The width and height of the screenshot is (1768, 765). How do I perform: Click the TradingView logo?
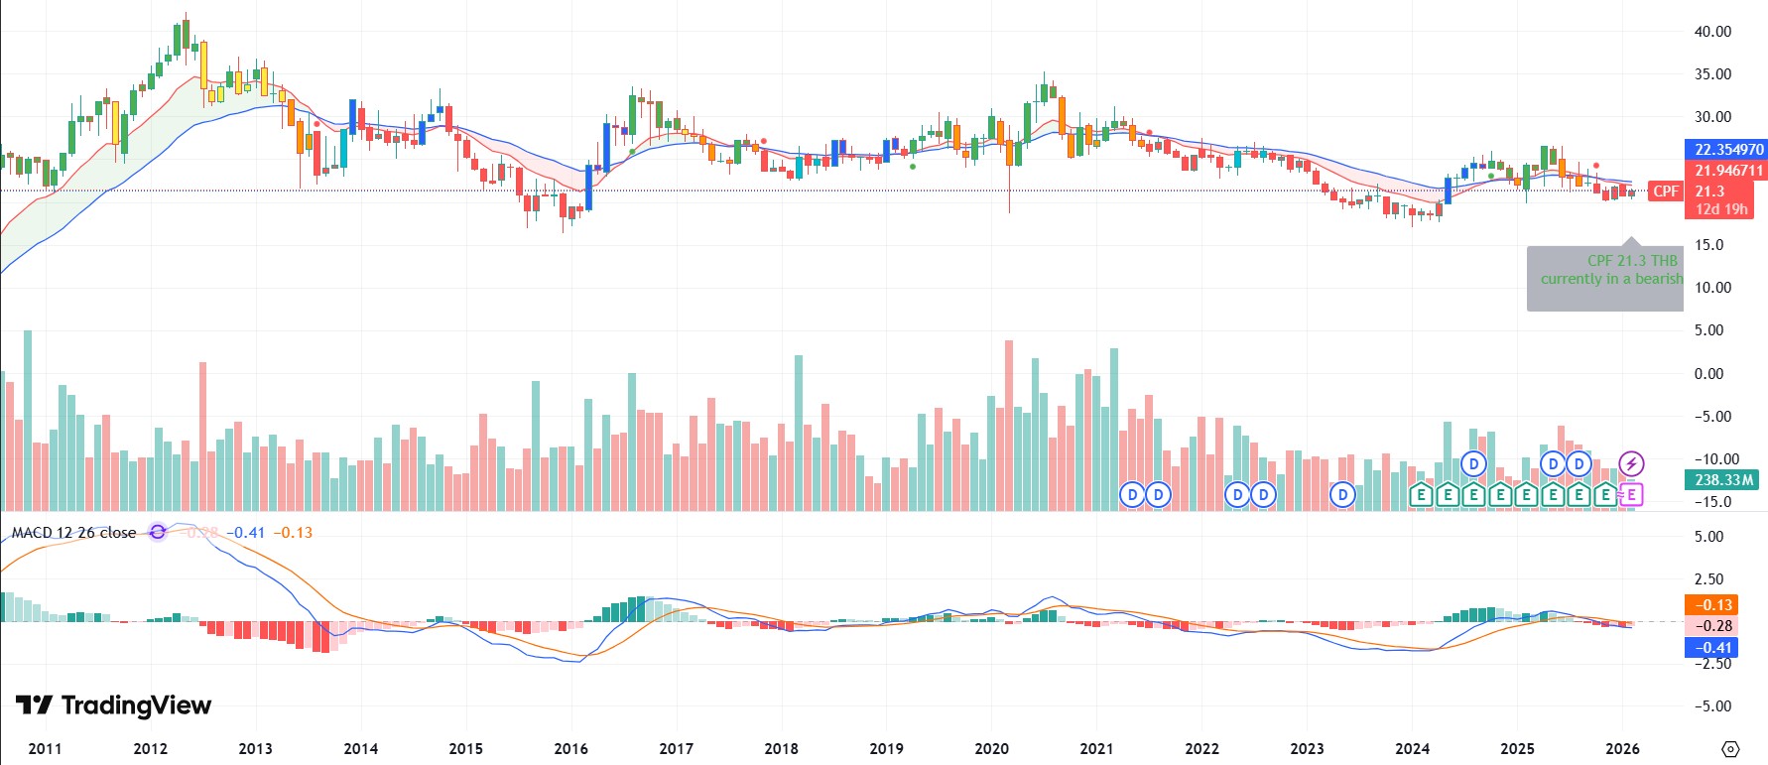(x=113, y=705)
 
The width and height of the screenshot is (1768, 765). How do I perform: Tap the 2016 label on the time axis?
(x=570, y=749)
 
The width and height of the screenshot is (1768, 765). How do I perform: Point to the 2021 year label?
(x=1096, y=749)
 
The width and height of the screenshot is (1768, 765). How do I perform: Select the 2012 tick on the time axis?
(x=150, y=749)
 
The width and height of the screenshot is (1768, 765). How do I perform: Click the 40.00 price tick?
(x=1712, y=32)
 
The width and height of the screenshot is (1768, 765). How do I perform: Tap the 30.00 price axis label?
(x=1712, y=117)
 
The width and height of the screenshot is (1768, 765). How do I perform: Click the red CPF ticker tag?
(x=1666, y=191)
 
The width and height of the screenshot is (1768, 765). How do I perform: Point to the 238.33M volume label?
(x=1723, y=480)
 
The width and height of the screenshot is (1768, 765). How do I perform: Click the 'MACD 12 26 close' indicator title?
(x=74, y=533)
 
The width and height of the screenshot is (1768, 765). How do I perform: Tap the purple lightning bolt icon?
(x=1631, y=463)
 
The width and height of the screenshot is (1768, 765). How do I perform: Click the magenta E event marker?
(x=1631, y=494)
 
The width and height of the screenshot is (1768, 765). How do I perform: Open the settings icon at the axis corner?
(x=1730, y=749)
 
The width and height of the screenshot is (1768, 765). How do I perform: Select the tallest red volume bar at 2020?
(x=1009, y=427)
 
